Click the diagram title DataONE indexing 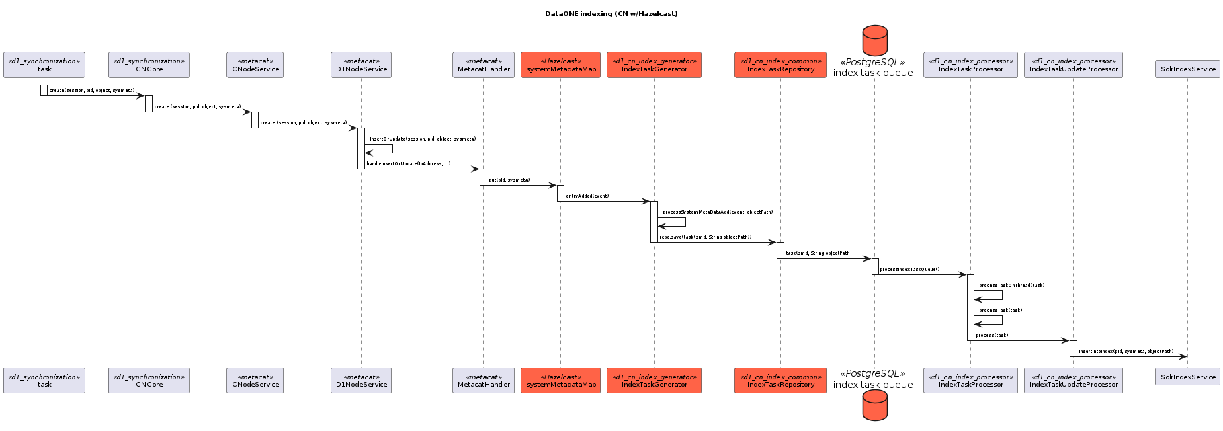611,13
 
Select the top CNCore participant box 149,65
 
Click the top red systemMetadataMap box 561,65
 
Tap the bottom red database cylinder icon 875,406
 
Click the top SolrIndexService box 1187,69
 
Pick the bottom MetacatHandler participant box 483,381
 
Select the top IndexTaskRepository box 780,65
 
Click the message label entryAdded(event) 587,196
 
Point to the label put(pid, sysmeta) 509,180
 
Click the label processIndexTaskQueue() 909,270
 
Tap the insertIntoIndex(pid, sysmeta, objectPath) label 1126,352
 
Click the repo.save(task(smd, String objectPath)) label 705,237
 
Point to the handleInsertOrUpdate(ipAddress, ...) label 408,164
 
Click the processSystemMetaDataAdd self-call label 717,212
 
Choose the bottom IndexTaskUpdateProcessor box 1073,381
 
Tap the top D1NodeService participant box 361,65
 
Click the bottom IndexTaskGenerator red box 654,381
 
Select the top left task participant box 44,65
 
